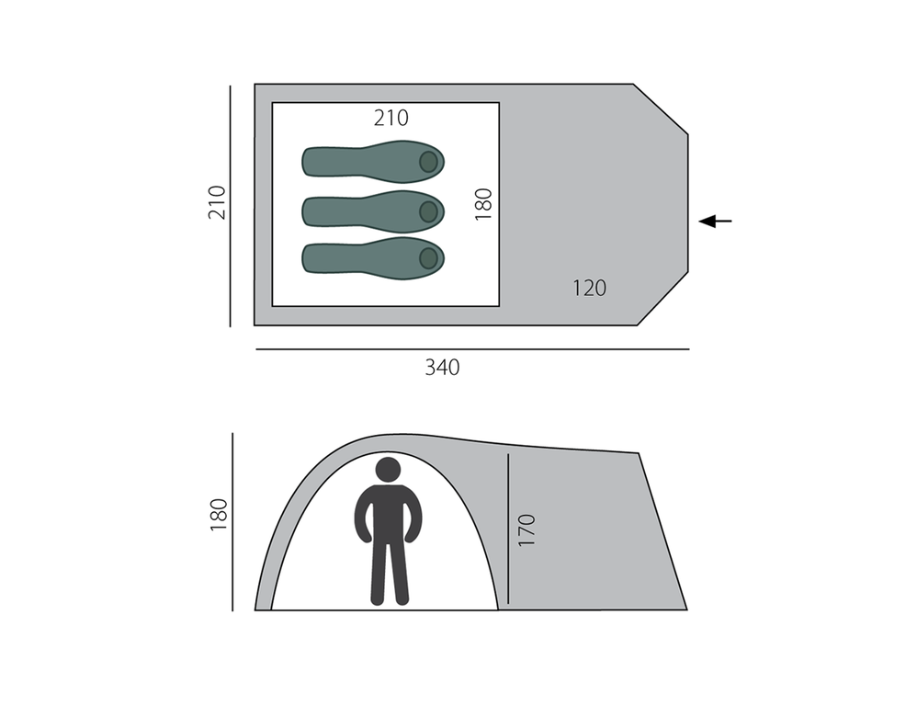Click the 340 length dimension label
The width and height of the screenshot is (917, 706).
(442, 368)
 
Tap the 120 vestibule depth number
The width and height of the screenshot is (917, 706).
(589, 288)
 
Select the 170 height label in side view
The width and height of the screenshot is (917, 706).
(526, 529)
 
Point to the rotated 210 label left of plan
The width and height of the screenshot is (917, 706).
(217, 202)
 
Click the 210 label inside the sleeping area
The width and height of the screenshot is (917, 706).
(391, 119)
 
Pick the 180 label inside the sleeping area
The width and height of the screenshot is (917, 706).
(483, 204)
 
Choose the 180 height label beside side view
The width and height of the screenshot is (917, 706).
(218, 515)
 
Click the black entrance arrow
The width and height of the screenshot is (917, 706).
(715, 222)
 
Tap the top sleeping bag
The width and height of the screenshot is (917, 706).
(373, 162)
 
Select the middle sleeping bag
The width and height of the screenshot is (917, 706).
(373, 211)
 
